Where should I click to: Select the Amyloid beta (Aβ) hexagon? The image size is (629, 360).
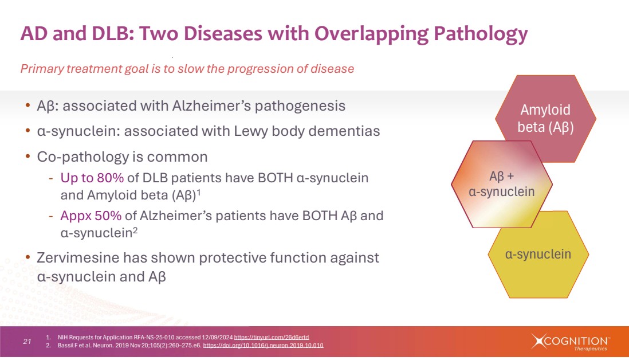(x=545, y=119)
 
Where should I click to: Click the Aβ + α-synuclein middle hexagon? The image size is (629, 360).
(x=501, y=184)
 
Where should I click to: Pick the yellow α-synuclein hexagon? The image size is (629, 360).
(x=538, y=255)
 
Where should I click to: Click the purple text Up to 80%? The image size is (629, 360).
(x=92, y=178)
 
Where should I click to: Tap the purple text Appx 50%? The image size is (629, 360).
(x=91, y=216)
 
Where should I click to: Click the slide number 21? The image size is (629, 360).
(x=27, y=342)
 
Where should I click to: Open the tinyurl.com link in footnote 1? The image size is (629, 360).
(x=272, y=338)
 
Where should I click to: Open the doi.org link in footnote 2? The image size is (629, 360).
(x=263, y=345)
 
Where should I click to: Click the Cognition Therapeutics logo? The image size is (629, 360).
(x=570, y=342)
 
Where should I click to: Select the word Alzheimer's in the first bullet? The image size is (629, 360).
(x=211, y=106)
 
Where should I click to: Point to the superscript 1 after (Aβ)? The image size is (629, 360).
(x=199, y=192)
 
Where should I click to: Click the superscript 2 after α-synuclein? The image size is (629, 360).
(x=135, y=230)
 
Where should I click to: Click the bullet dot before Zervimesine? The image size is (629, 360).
(x=27, y=257)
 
